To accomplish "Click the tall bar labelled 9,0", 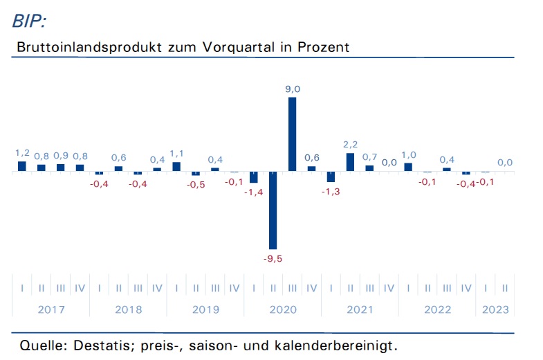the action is (293, 134).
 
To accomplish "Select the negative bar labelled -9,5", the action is (273, 210).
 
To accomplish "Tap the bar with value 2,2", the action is (350, 162).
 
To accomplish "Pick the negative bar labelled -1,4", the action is (253, 177).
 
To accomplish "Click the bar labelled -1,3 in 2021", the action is (331, 177).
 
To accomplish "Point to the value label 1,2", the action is (22, 153).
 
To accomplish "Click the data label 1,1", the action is (176, 154).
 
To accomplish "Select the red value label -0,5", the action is (196, 185).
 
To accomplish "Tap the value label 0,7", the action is (369, 157).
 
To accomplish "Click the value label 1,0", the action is (409, 155).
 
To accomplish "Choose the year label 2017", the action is (51, 309).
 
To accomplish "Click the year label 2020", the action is (283, 309).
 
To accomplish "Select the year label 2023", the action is (495, 309).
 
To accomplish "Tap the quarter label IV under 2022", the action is (466, 288).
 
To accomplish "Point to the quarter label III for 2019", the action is (215, 288).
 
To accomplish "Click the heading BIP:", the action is (30, 21).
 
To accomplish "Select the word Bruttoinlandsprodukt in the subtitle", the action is (89, 47).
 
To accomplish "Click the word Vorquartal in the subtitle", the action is (239, 47).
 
